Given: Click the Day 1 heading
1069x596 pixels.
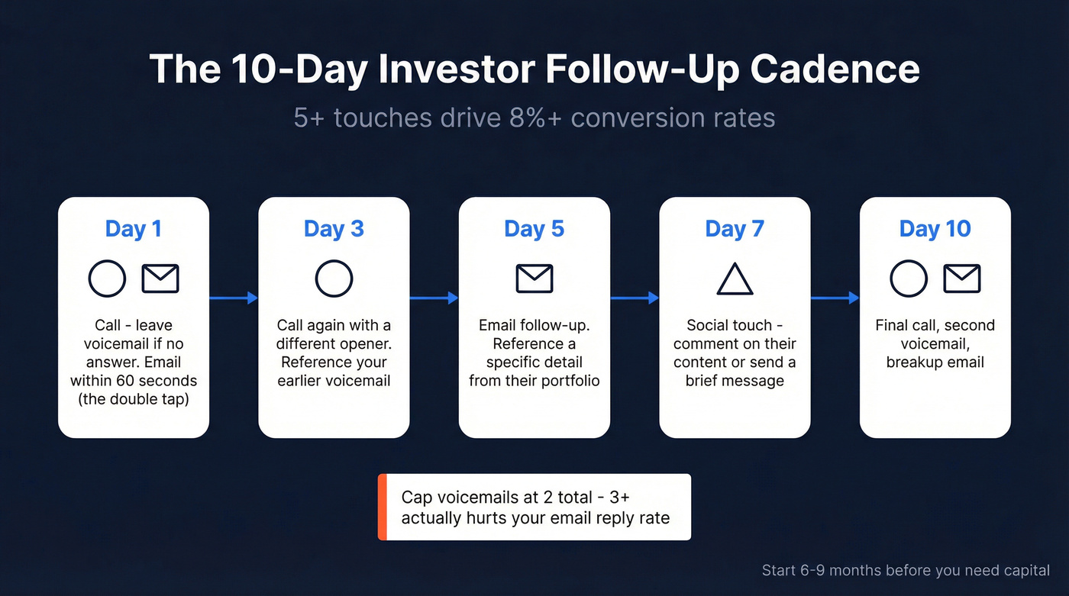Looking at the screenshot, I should [133, 229].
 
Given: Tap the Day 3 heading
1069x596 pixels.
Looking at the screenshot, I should [334, 229].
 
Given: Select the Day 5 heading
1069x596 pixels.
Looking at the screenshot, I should [534, 229].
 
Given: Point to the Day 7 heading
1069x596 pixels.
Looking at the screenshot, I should [735, 229].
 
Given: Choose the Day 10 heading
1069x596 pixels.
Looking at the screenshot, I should [935, 229].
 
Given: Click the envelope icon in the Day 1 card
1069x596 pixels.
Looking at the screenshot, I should [160, 279].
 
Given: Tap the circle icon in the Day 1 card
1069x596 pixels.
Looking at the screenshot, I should [107, 279].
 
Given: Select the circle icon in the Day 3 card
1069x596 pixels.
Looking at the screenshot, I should [334, 279].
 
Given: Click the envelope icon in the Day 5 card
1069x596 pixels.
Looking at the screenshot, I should [534, 279].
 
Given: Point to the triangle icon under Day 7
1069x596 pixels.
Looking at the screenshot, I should [735, 280].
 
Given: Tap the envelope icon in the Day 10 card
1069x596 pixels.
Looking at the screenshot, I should [961, 279].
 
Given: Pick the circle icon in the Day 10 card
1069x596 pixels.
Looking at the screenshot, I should [909, 279].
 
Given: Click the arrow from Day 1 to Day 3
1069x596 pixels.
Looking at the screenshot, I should [233, 298].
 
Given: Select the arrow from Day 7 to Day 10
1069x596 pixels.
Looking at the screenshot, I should [835, 298].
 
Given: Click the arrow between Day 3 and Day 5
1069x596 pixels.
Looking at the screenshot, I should [434, 298].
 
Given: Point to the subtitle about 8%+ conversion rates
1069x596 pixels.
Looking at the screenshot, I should [534, 118].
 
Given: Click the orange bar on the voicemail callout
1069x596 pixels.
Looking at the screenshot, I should [383, 507].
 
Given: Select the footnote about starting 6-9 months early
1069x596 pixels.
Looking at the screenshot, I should [906, 570].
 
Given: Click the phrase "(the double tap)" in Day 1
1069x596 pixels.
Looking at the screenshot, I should [133, 399].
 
